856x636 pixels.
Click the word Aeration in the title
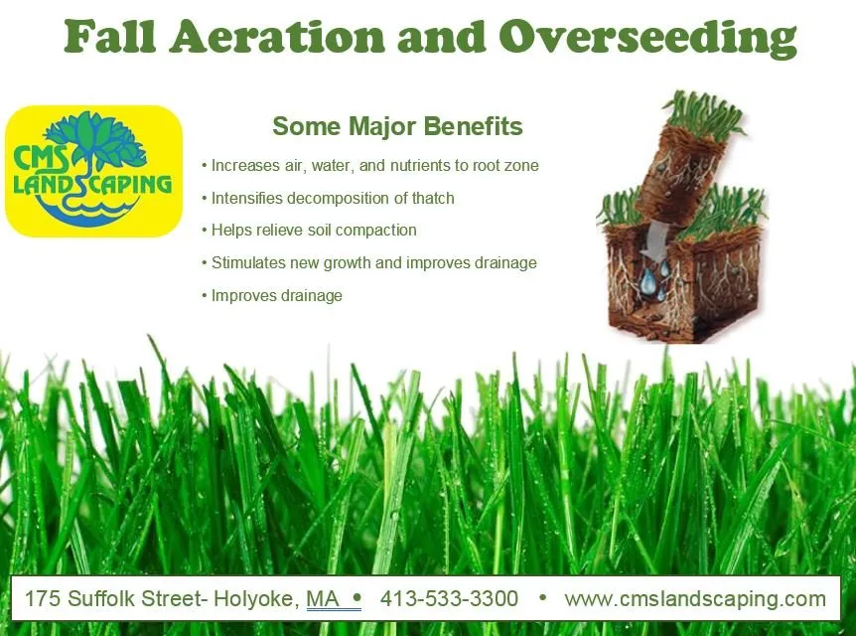[x=277, y=37]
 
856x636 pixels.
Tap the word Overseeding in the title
[x=647, y=38]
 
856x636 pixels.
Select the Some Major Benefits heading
[x=397, y=127]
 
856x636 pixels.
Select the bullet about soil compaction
[x=314, y=231]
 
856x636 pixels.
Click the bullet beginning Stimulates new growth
[x=373, y=263]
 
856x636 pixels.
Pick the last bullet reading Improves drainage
[x=276, y=296]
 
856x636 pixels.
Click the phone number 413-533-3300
[x=449, y=599]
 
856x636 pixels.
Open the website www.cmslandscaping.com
[x=695, y=599]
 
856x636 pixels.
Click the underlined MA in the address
[x=323, y=599]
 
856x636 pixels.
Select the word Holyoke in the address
[x=252, y=599]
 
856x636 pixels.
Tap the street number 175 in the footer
[x=42, y=599]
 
